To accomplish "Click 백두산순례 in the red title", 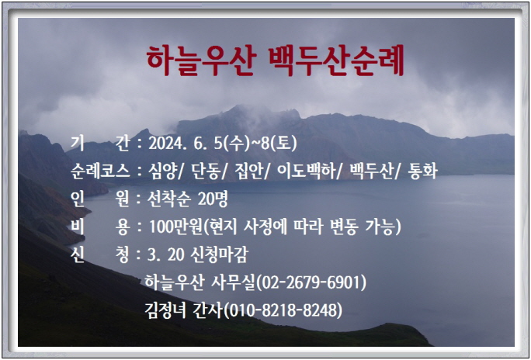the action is pyautogui.click(x=337, y=61).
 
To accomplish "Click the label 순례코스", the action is pyautogui.click(x=100, y=171).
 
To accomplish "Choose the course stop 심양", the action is pyautogui.click(x=162, y=171).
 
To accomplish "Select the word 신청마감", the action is pyautogui.click(x=220, y=255).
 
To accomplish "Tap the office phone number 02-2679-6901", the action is pyautogui.click(x=311, y=283).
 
